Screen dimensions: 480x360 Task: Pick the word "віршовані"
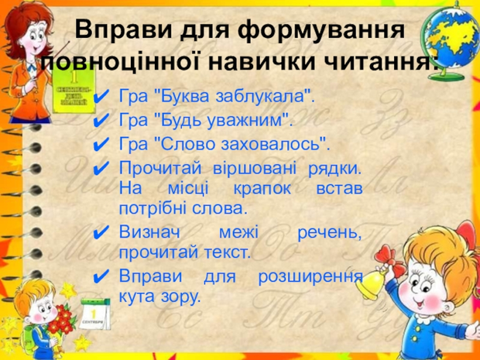tap(255, 169)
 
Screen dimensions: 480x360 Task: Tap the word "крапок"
tap(262, 189)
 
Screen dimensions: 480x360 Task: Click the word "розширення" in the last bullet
tap(310, 276)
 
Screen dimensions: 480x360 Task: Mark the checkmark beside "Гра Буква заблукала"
tap(101, 97)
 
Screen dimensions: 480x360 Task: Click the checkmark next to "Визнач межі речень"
tap(101, 233)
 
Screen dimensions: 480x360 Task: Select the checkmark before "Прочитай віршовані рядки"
tap(101, 168)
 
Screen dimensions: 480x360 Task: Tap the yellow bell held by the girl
tap(371, 284)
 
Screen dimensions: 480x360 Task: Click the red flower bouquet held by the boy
tap(63, 319)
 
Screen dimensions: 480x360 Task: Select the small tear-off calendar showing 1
tap(94, 314)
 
